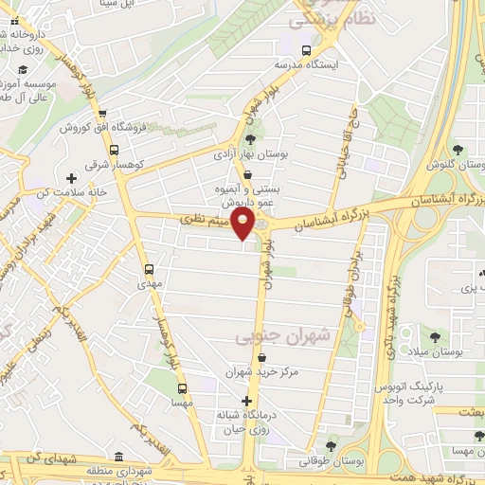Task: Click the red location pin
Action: click(244, 225)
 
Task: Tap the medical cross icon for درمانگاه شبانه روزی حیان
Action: click(246, 401)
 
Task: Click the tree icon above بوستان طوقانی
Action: click(331, 445)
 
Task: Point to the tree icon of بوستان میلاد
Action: click(435, 337)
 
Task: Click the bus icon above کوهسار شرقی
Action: click(115, 150)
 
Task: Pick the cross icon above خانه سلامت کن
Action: click(72, 178)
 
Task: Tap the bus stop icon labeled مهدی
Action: click(149, 268)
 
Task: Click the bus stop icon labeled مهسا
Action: click(183, 387)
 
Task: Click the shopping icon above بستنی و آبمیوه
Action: click(248, 175)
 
